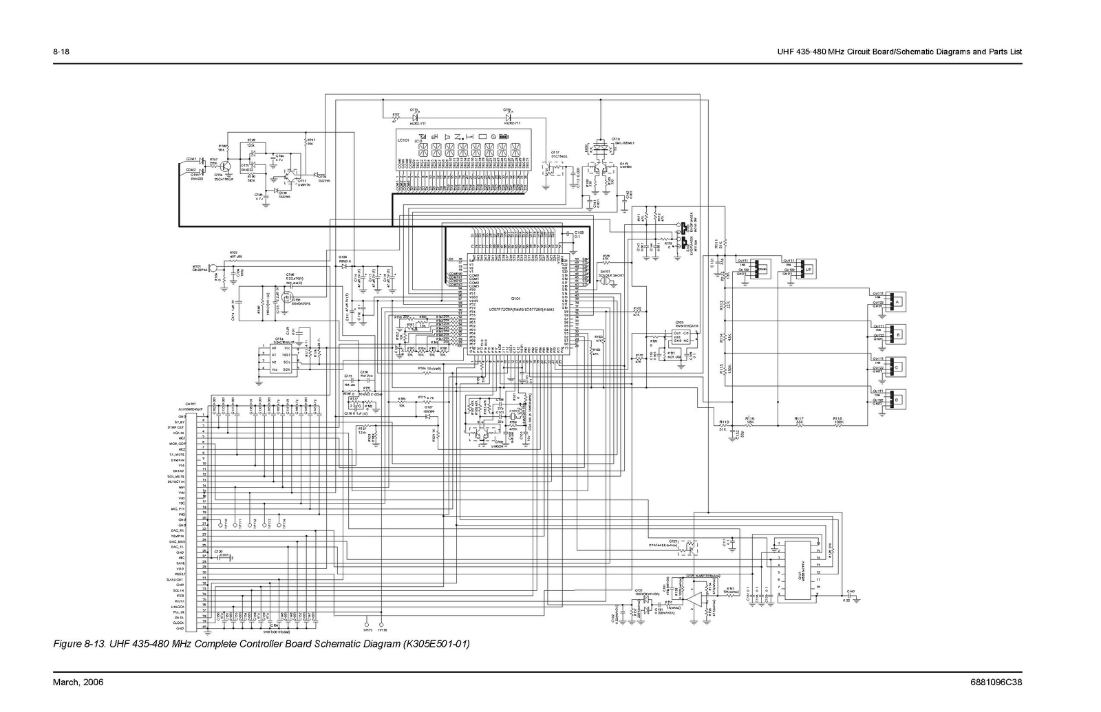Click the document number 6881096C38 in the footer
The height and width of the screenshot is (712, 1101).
[x=997, y=682]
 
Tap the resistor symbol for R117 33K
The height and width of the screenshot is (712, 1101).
[x=800, y=425]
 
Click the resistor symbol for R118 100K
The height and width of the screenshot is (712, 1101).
[x=838, y=425]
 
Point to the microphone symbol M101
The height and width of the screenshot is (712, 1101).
[x=213, y=268]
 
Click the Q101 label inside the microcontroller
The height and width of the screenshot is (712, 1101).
[x=515, y=299]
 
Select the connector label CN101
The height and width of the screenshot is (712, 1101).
[x=191, y=404]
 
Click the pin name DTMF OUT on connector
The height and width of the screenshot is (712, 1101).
[x=176, y=427]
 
